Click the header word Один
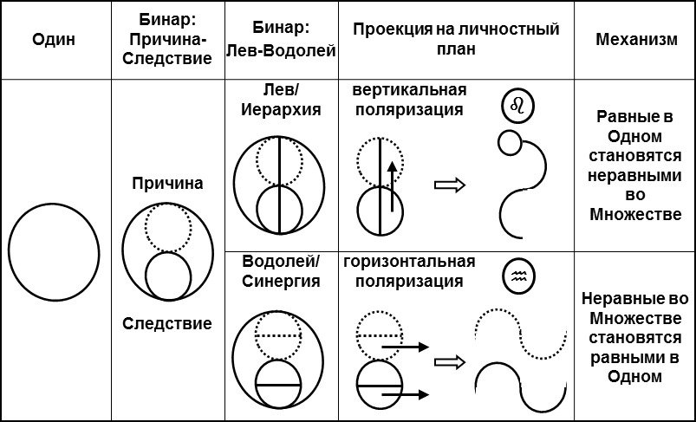click(54, 40)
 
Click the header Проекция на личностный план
click(456, 40)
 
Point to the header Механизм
click(636, 41)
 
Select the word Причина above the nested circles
click(167, 184)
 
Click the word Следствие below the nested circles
click(167, 323)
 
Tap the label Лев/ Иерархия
click(279, 101)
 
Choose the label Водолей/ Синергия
click(279, 271)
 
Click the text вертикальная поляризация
click(409, 101)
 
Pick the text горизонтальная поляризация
click(409, 271)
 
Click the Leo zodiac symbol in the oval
click(518, 107)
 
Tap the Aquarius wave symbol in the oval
click(518, 276)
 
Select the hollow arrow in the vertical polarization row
click(448, 185)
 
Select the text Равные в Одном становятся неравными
click(635, 165)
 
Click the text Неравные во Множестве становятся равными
click(635, 337)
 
